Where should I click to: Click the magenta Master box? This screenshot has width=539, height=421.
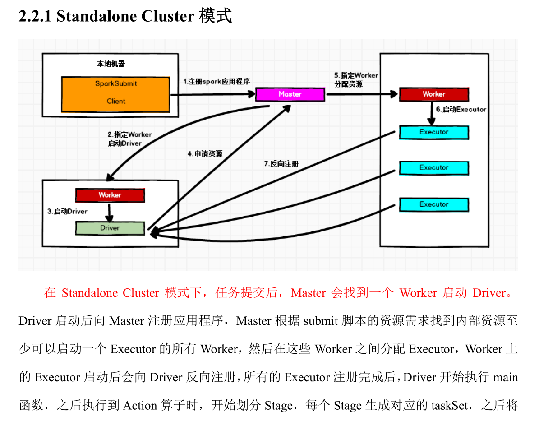[290, 94]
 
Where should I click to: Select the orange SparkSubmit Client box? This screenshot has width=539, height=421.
[115, 94]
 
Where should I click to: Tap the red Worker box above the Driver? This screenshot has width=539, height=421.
[110, 195]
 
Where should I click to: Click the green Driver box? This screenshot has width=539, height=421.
[110, 228]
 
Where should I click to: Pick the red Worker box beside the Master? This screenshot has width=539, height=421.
[434, 94]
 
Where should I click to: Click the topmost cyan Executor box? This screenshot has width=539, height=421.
[434, 132]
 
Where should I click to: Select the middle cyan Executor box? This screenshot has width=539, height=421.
[434, 168]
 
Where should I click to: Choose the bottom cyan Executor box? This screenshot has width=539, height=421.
[434, 204]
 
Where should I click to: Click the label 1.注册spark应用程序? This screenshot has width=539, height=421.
[217, 82]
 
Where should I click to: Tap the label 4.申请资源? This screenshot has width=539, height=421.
[205, 153]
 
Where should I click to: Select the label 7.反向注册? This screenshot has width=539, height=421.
[281, 163]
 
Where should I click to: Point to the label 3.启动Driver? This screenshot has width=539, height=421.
[67, 211]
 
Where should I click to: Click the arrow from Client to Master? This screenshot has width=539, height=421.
[212, 95]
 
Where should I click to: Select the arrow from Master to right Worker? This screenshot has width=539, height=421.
[361, 95]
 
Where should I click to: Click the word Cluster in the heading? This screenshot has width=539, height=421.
[167, 16]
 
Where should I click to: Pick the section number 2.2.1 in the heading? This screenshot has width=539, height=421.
[36, 16]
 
